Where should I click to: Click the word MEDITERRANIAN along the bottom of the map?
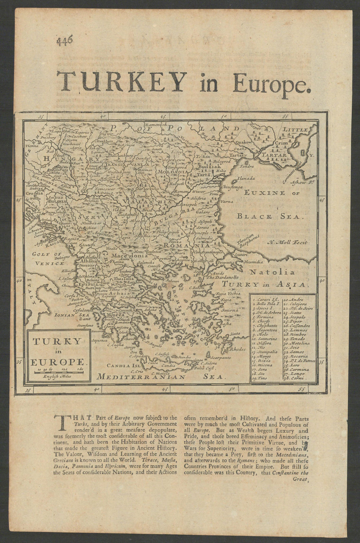point(141,377)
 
